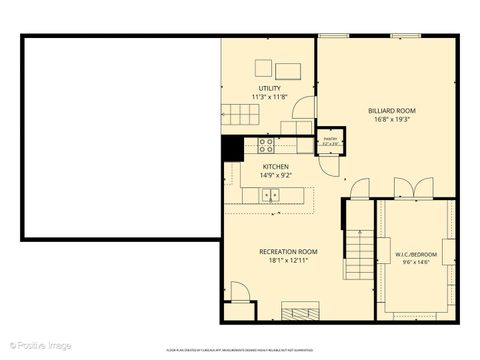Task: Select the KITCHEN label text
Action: pyautogui.click(x=276, y=166)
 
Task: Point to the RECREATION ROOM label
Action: pyautogui.click(x=288, y=251)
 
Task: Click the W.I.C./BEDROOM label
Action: pyautogui.click(x=416, y=254)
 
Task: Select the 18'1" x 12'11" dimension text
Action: pyautogui.click(x=288, y=261)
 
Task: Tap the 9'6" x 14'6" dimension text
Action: pyautogui.click(x=416, y=263)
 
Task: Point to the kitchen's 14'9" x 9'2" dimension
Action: pyautogui.click(x=276, y=175)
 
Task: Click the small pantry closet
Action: pyautogui.click(x=329, y=141)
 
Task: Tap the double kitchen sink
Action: pyautogui.click(x=271, y=195)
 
